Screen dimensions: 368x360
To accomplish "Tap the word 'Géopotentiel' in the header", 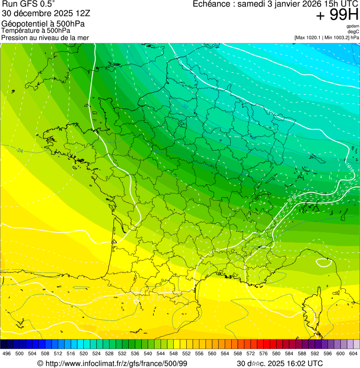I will (23, 24).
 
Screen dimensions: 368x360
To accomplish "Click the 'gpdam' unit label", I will (353, 26).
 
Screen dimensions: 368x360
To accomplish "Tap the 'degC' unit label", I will (353, 31).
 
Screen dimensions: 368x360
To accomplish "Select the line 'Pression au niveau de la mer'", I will (45, 37).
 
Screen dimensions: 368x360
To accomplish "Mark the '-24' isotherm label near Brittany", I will (19, 151).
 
